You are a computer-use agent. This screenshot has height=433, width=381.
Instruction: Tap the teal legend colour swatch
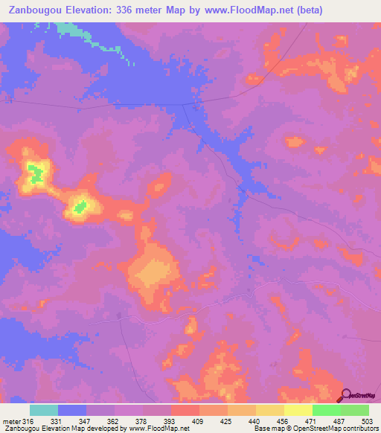[44, 410]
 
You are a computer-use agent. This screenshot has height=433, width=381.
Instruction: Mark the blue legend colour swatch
[72, 410]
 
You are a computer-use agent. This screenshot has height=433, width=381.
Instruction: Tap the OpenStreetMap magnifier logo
[345, 395]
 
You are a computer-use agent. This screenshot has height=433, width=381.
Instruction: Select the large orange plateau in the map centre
[153, 272]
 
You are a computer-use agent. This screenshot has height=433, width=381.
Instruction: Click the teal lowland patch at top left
[71, 29]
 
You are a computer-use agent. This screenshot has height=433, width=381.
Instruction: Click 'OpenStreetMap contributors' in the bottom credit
[342, 429]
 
